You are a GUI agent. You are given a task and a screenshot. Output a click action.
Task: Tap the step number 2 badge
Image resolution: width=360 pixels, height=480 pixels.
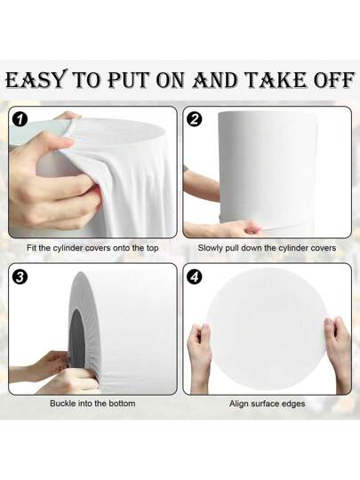point(195,119)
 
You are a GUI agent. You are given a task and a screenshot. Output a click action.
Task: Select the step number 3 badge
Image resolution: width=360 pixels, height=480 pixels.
point(20,277)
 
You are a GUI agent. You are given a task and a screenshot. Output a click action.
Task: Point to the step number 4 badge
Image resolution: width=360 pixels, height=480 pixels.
point(195,277)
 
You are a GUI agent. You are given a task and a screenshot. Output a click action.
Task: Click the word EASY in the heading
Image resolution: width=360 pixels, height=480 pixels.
point(36,80)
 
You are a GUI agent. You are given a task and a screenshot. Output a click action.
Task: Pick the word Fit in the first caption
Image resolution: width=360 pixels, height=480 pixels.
point(31,248)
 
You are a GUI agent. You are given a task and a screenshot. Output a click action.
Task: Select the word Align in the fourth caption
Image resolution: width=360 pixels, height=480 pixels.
point(239,404)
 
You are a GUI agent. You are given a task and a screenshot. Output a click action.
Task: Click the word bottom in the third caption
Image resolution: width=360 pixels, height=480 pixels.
point(121,404)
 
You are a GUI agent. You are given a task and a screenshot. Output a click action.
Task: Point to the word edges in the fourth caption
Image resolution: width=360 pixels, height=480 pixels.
point(293,404)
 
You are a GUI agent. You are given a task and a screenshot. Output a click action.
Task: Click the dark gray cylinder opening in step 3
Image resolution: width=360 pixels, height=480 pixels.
point(76,339)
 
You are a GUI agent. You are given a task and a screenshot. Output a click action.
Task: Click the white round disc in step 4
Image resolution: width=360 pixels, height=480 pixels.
point(267,329)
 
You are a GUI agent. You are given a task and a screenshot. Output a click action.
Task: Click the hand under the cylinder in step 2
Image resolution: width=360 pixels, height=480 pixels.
point(223,228)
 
